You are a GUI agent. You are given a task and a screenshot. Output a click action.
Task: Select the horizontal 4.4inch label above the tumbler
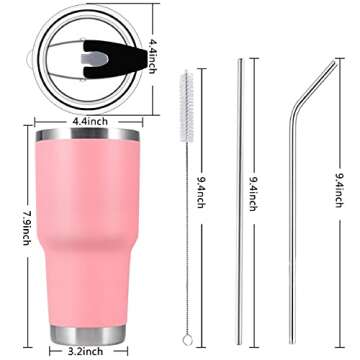[x=90, y=121]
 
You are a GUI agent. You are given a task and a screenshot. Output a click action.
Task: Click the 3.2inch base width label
[x=91, y=352]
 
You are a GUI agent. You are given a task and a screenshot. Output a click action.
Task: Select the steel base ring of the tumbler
[x=91, y=331]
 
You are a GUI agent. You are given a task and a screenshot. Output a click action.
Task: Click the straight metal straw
[x=240, y=200]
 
